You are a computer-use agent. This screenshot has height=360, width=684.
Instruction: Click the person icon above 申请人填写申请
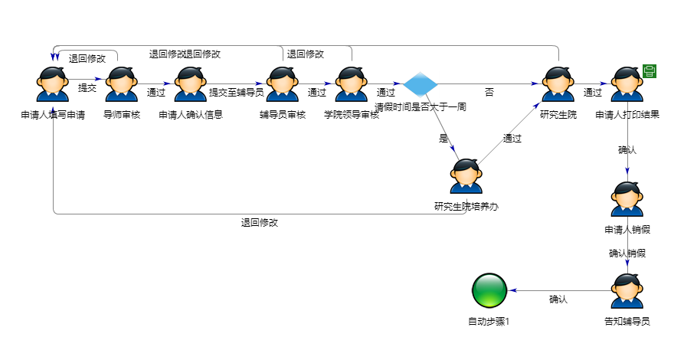pos(53,84)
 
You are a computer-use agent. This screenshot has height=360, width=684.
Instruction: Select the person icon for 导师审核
pos(122,84)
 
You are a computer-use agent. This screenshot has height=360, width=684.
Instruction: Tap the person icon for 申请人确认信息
pos(191,84)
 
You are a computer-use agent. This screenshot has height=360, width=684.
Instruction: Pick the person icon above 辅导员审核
pos(283,84)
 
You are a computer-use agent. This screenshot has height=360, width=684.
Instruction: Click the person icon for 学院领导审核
pos(352,84)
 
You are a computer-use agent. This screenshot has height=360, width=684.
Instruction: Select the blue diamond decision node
pos(420,84)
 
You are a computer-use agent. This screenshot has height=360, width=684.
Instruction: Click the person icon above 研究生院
pos(558,84)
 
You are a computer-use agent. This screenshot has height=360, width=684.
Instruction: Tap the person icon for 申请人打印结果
pos(627,84)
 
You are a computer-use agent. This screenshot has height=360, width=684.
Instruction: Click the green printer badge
pos(650,71)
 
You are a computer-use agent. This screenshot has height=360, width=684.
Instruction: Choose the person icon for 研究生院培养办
pos(466,177)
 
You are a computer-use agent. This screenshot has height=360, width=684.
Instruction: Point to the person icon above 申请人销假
pos(627,200)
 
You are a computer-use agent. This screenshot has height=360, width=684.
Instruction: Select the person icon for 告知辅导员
pos(627,291)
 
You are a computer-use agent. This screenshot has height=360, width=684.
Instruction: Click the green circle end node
pos(489,291)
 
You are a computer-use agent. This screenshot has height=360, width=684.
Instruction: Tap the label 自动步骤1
pos(489,322)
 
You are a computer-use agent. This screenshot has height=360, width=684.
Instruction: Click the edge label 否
pos(489,92)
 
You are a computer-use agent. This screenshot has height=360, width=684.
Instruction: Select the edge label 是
pos(443,139)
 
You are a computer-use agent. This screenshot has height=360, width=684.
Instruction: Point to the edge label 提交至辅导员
pos(237,92)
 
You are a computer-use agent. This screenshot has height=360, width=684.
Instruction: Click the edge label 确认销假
pos(627,253)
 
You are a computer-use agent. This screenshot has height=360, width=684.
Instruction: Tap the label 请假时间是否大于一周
pos(421,107)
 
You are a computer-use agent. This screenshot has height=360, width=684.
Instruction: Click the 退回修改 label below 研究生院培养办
pos(260,223)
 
